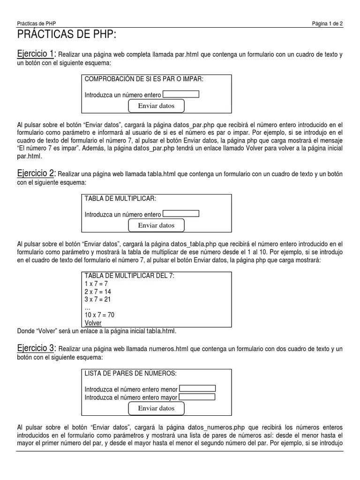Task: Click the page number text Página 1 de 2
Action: click(x=327, y=24)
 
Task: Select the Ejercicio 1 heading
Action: click(x=36, y=54)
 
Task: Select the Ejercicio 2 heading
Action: click(x=36, y=174)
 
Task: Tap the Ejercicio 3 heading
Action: click(x=36, y=348)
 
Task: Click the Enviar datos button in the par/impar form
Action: click(x=156, y=106)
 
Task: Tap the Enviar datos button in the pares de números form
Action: click(x=156, y=408)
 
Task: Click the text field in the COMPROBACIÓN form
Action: click(x=180, y=94)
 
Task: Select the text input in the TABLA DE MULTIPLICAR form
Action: click(x=180, y=214)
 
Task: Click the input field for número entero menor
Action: click(x=197, y=388)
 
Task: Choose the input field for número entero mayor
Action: click(x=197, y=397)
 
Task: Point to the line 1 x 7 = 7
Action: click(x=96, y=284)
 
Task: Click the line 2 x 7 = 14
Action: click(x=97, y=292)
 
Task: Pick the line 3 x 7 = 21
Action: click(x=97, y=300)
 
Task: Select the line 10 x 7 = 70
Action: click(x=99, y=315)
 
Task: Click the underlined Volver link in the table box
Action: click(x=93, y=323)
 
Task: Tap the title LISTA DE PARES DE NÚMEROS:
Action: click(x=130, y=373)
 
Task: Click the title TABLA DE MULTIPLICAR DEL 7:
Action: click(x=129, y=276)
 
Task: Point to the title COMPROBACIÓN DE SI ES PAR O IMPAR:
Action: click(x=144, y=79)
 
